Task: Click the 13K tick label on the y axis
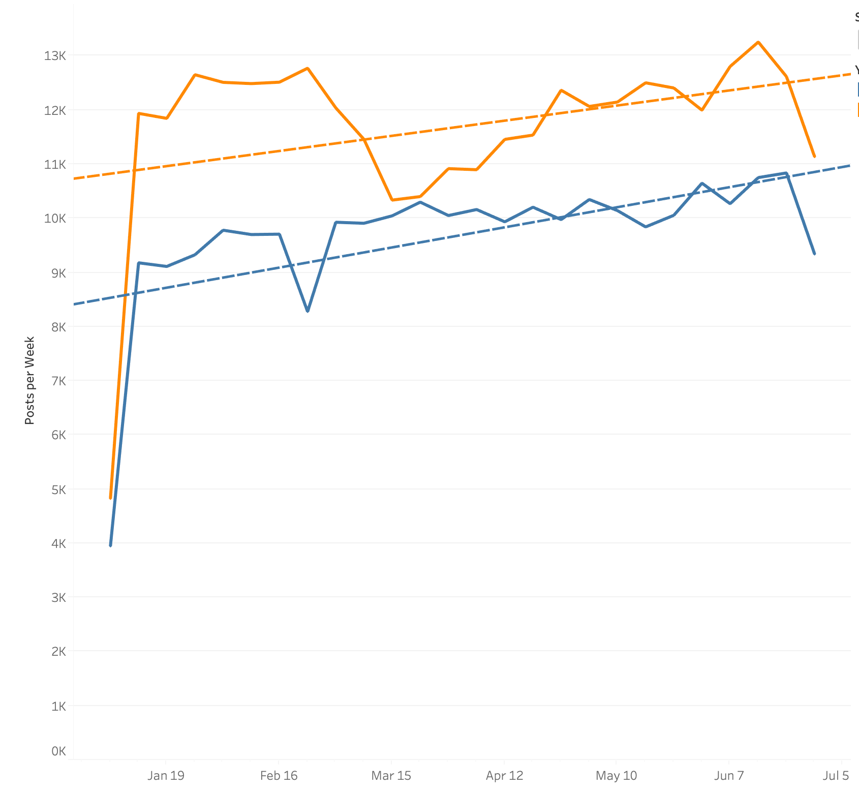click(55, 56)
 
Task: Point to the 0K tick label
click(58, 751)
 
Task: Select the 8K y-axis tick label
click(58, 327)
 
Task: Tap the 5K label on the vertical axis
click(58, 490)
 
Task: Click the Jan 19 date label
click(166, 775)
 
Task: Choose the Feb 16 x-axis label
click(279, 775)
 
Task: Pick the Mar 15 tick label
click(391, 775)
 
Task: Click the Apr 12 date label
click(504, 775)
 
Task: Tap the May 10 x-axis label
click(616, 775)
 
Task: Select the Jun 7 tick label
click(729, 775)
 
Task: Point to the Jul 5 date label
click(836, 775)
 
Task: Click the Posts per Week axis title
click(29, 380)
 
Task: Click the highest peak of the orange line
click(758, 42)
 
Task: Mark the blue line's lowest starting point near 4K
click(110, 545)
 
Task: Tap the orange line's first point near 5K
click(110, 498)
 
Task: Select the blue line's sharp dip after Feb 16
click(308, 311)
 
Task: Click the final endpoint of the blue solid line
click(814, 254)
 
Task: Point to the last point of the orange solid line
click(814, 157)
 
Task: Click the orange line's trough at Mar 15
click(392, 200)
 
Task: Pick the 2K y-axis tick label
click(58, 651)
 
